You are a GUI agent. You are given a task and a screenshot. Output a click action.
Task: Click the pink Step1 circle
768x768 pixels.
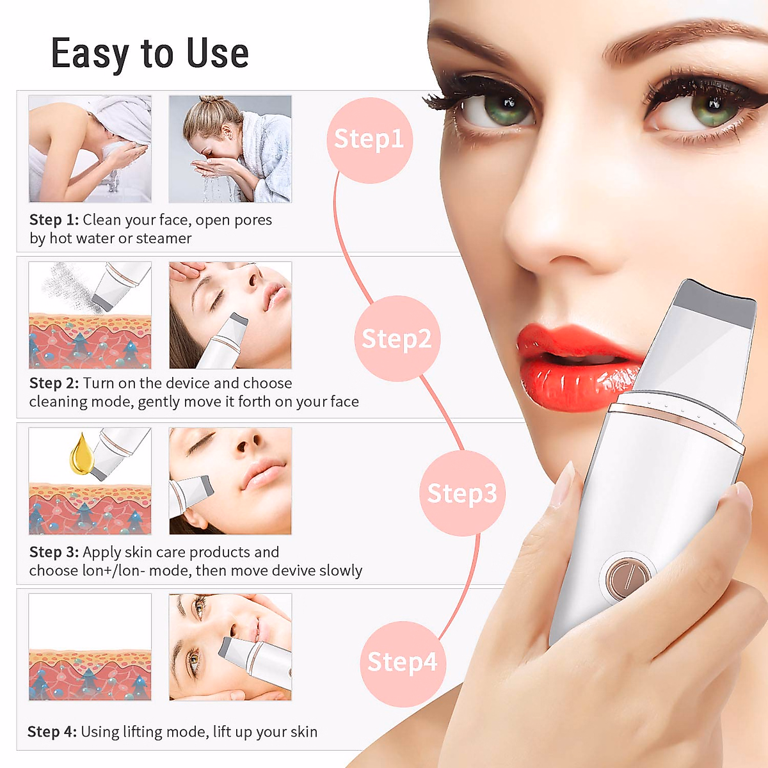369,140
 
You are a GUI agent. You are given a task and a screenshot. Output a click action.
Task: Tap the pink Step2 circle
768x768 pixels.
397,339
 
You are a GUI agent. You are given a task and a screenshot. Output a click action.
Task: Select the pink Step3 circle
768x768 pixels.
462,493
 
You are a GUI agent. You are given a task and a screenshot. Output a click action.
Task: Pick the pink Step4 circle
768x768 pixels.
403,662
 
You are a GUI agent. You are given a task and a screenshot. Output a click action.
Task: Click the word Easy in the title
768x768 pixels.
90,54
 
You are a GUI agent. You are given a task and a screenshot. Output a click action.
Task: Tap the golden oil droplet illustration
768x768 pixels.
81,454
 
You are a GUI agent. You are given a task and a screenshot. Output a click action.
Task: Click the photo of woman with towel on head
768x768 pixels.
90,148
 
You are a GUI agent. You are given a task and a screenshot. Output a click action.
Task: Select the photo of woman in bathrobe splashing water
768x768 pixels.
230,148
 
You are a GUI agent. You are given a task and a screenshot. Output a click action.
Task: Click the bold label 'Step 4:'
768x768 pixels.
52,732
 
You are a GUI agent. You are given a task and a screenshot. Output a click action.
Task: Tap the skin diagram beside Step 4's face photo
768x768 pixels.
90,647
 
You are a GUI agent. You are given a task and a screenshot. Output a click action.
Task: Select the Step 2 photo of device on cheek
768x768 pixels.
230,315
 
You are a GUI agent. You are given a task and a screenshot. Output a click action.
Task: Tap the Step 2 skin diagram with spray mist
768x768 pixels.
90,315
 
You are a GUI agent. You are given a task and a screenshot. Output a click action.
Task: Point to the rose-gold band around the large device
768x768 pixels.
678,422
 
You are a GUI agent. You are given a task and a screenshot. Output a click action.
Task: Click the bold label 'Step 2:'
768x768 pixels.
54,383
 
